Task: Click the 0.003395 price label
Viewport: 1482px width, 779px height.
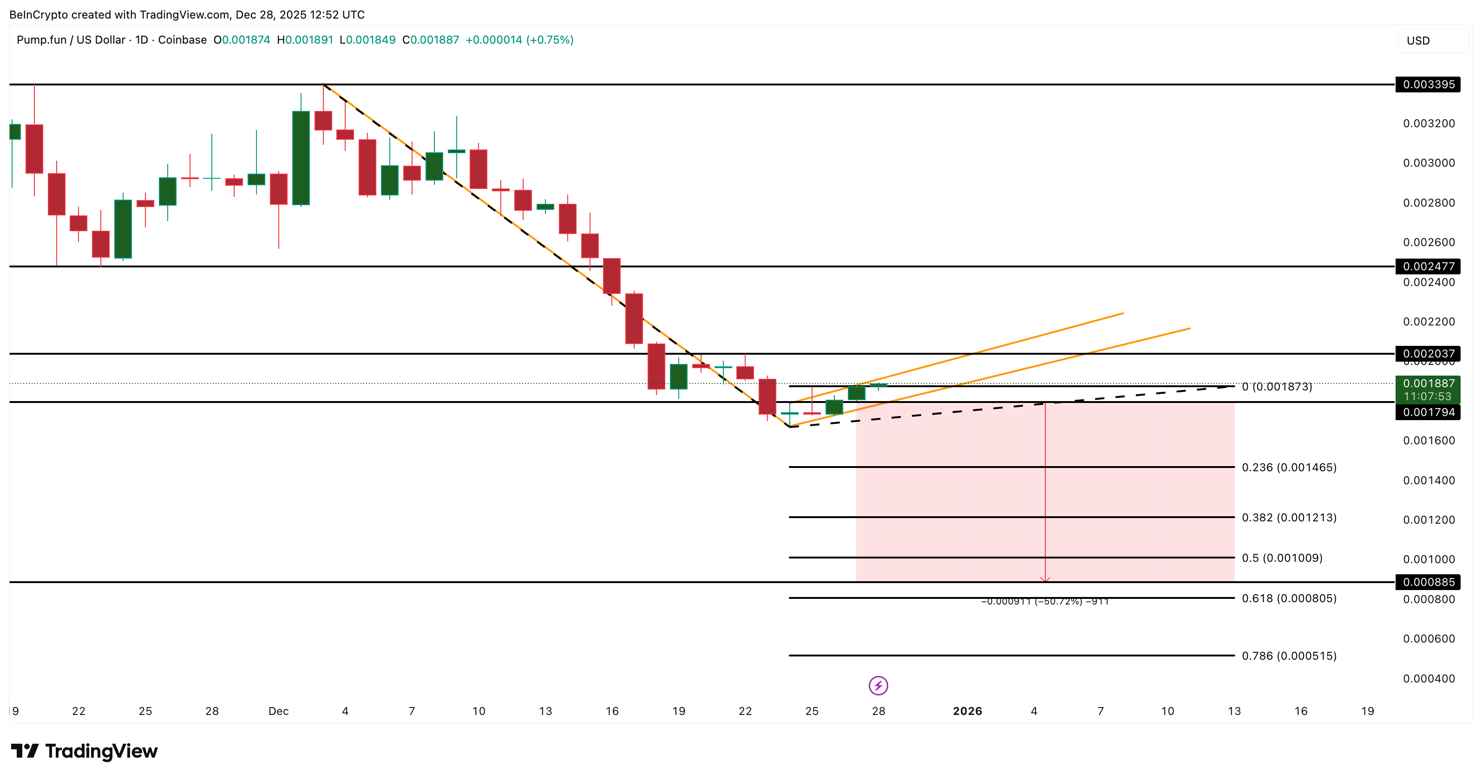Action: pos(1428,84)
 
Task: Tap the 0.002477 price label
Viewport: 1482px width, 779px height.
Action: pos(1428,266)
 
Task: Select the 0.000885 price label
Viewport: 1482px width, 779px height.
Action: pos(1428,582)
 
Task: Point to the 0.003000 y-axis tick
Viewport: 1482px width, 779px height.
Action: pos(1429,162)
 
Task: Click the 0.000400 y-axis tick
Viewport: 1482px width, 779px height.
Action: pos(1429,678)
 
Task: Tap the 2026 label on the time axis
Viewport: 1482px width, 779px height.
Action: pos(967,711)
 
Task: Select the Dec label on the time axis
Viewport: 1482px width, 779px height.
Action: pos(278,711)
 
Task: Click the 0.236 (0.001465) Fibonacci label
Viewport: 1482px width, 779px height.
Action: pos(1289,467)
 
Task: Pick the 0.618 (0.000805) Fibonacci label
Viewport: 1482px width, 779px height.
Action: pos(1289,598)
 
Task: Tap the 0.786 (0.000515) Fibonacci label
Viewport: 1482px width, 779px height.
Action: pos(1289,656)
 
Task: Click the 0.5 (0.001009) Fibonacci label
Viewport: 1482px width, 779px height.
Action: pos(1282,558)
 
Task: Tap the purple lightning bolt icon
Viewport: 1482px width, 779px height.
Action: pos(878,685)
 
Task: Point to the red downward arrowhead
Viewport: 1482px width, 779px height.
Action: pos(1045,579)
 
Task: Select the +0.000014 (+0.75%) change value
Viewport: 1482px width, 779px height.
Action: pos(519,39)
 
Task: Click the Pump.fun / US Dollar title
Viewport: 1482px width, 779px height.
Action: pos(71,39)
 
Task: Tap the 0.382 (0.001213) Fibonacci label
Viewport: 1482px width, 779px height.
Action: pos(1289,518)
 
